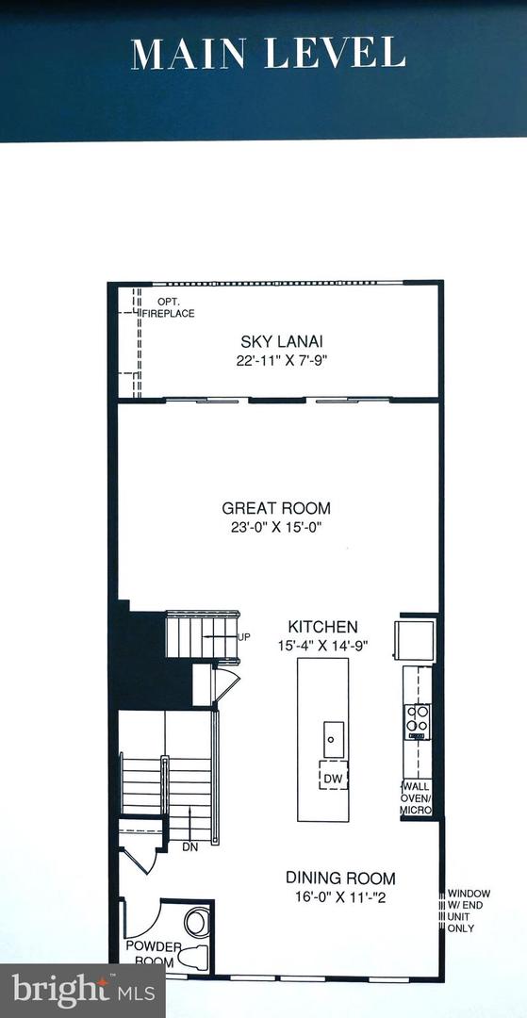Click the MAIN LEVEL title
click(269, 53)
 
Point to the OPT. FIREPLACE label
click(170, 307)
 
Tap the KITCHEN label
click(322, 627)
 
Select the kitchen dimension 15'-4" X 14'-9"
click(322, 646)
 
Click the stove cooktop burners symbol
click(417, 721)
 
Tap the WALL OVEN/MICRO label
click(416, 798)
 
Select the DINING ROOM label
click(340, 878)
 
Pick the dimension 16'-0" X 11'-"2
click(340, 896)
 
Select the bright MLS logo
click(82, 991)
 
